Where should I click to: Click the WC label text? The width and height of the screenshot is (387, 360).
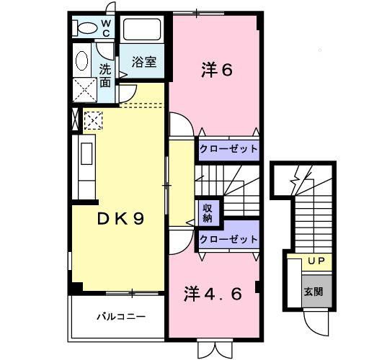pos(105,28)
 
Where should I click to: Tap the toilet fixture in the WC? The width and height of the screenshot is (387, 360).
pos(85,28)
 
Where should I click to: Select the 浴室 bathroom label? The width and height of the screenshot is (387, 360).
pos(143,63)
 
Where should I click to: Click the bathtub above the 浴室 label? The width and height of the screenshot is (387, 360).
pos(144,31)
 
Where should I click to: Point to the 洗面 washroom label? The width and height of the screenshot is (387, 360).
pos(105,76)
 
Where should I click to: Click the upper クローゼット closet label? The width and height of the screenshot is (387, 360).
pos(228,148)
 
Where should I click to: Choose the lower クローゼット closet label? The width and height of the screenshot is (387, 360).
pos(228,239)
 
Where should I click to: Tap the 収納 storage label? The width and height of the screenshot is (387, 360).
pos(207,211)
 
